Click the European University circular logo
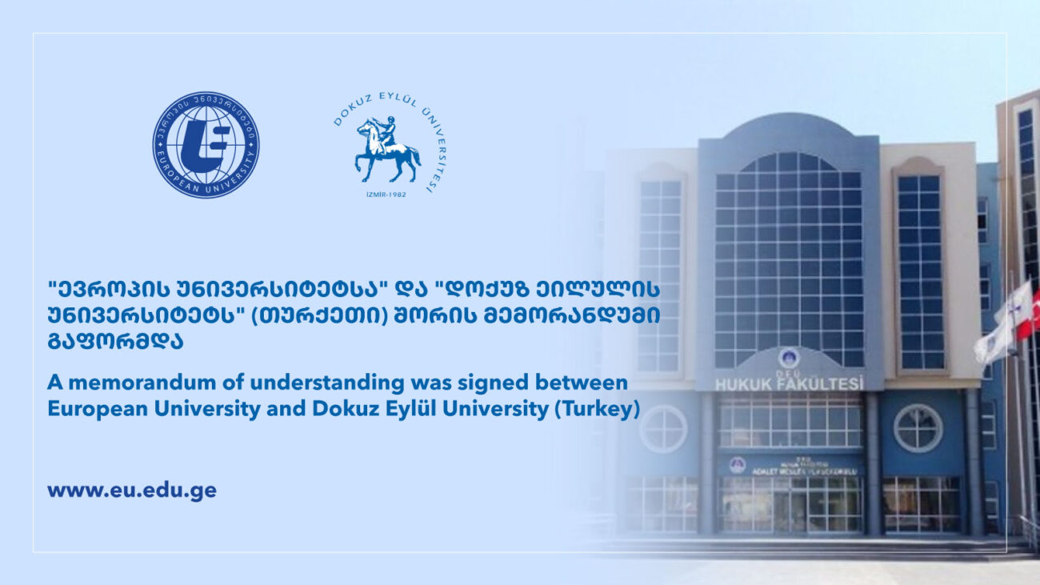click(x=206, y=145)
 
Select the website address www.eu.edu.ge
click(x=132, y=490)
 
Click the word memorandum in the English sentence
click(x=129, y=383)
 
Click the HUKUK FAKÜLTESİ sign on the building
click(x=789, y=384)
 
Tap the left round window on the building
click(x=663, y=429)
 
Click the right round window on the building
click(x=918, y=428)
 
